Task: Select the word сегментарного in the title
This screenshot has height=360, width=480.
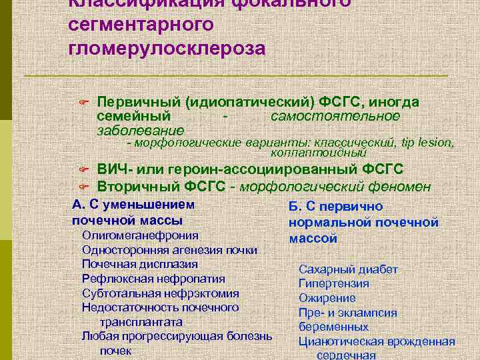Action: point(141,24)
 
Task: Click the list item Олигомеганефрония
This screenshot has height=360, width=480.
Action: point(140,235)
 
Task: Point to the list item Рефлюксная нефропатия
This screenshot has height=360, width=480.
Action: point(153,279)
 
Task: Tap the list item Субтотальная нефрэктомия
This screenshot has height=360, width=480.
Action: point(160,293)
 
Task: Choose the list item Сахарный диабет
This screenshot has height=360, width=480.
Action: point(348,269)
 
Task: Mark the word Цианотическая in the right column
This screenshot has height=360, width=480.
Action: point(339,342)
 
